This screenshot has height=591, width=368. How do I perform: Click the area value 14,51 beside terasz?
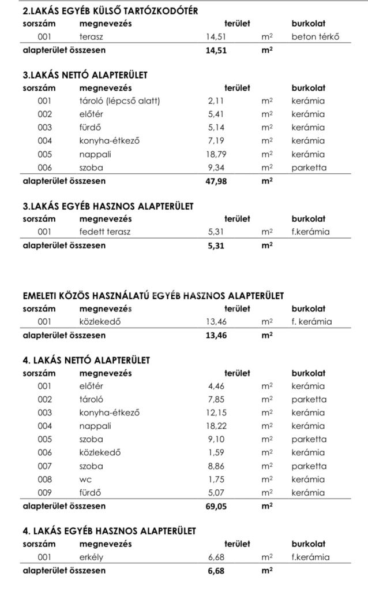[216, 36]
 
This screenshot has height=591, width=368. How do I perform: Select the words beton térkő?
[315, 36]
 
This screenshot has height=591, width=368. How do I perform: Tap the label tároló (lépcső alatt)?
[119, 101]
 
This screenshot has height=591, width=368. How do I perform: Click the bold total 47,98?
[216, 180]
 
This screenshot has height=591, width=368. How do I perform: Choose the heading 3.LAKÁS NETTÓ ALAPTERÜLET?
[85, 75]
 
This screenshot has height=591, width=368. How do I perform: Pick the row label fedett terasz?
[107, 232]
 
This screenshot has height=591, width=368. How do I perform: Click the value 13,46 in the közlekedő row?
[216, 322]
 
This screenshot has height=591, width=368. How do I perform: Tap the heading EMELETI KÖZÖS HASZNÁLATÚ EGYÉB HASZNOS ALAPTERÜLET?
[153, 296]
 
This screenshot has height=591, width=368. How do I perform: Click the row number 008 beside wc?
[45, 479]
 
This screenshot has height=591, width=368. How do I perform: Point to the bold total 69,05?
[216, 505]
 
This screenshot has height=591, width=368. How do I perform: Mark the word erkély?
[92, 557]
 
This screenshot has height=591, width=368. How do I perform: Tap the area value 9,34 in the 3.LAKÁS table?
[219, 168]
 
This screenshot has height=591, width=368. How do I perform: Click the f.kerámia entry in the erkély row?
[311, 557]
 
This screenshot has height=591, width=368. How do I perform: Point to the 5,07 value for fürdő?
[219, 492]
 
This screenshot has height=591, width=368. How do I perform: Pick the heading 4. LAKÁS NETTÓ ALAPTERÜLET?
[86, 360]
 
